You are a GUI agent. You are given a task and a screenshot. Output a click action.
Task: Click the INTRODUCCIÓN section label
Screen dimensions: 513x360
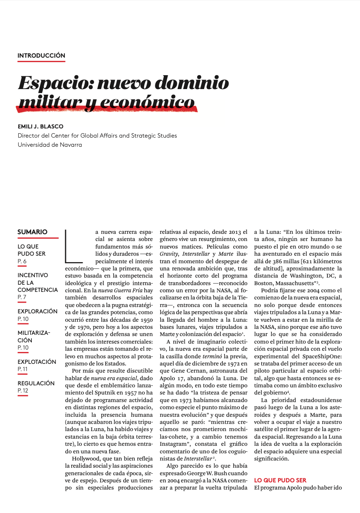click(x=41, y=56)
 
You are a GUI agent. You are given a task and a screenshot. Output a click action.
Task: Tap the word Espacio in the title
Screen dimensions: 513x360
click(x=54, y=84)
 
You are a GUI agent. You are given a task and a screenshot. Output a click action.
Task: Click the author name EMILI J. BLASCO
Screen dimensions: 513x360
click(x=41, y=126)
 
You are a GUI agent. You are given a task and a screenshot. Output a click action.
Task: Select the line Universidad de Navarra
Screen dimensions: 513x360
click(x=50, y=145)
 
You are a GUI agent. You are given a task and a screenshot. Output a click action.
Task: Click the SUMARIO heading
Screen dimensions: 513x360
click(x=33, y=232)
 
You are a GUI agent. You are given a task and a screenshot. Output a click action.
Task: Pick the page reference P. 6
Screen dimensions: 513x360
click(x=22, y=261)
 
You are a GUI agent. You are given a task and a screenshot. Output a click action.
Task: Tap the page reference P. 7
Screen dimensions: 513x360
click(x=22, y=297)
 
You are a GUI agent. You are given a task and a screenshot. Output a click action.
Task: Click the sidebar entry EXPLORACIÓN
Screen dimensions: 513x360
click(x=37, y=311)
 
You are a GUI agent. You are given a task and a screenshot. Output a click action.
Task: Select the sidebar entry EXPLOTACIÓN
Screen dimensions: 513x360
click(x=37, y=362)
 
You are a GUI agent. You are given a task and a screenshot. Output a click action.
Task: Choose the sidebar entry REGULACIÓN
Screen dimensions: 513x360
click(x=36, y=383)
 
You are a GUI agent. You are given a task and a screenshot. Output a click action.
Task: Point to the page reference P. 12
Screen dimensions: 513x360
click(x=23, y=391)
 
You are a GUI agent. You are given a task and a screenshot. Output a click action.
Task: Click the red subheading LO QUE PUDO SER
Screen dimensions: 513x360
click(x=280, y=480)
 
